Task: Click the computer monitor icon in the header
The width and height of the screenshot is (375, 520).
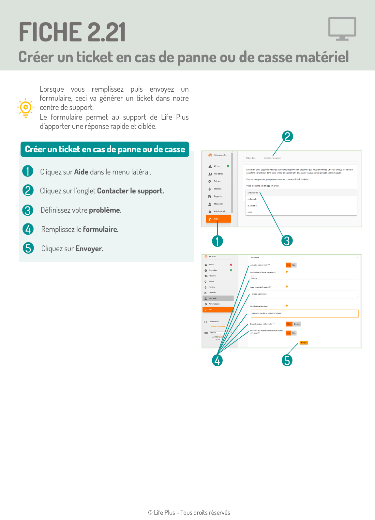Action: click(342, 29)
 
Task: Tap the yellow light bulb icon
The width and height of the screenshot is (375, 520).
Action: click(26, 108)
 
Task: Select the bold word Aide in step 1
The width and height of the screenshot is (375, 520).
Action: click(81, 172)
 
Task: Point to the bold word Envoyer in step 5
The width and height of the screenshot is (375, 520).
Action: click(89, 249)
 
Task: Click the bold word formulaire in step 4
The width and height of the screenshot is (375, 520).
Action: click(100, 229)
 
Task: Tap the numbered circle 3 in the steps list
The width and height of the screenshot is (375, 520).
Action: click(28, 210)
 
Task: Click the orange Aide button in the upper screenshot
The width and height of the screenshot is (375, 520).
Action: click(218, 219)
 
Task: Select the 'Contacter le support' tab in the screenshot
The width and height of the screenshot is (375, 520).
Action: click(272, 158)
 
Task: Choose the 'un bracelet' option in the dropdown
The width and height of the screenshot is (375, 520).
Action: click(253, 199)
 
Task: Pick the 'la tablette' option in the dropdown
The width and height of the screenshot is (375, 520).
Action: click(252, 206)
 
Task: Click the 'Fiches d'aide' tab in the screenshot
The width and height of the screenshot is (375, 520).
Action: click(251, 158)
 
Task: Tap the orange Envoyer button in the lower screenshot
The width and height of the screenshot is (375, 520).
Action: click(304, 343)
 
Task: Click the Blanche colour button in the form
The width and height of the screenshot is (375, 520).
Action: click(297, 324)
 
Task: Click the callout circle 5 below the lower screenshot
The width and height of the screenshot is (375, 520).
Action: click(287, 360)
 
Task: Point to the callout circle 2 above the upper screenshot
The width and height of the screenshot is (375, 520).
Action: click(287, 136)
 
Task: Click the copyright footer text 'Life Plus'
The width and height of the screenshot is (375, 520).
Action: click(164, 512)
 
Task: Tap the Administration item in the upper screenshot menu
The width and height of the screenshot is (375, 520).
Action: click(220, 211)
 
